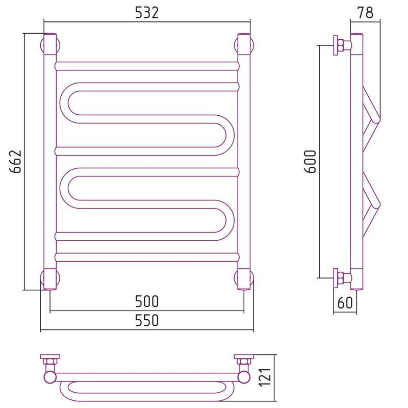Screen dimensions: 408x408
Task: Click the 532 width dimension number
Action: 147,13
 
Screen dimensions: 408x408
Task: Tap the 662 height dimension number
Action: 15,162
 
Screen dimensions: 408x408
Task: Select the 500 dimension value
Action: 147,301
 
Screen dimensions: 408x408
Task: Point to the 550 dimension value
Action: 147,320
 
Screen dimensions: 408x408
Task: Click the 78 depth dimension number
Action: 366,13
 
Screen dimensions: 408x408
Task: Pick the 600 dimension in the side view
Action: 310,162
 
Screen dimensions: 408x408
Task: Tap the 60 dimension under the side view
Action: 345,302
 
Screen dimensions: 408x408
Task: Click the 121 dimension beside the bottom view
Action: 265,377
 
